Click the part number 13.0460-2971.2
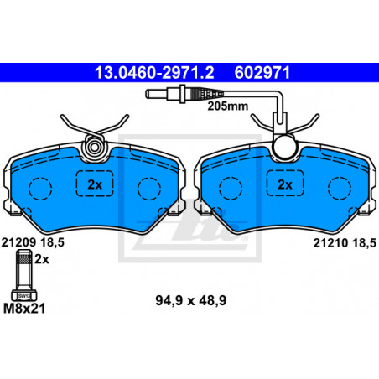154,72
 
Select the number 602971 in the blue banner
262,72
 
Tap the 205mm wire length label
228,106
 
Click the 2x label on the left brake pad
95,184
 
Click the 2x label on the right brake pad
285,184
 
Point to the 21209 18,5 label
33,242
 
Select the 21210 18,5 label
345,243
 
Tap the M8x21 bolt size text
24,309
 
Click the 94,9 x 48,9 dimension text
191,301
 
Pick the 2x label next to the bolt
42,260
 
